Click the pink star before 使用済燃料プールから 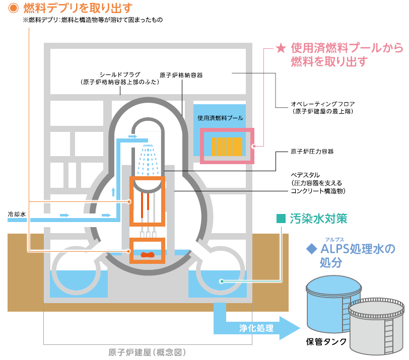click(281, 48)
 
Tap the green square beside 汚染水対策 click(281, 219)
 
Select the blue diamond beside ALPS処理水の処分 click(311, 249)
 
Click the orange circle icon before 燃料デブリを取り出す click(14, 8)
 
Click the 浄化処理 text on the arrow click(256, 329)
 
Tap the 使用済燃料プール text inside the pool click(221, 118)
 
